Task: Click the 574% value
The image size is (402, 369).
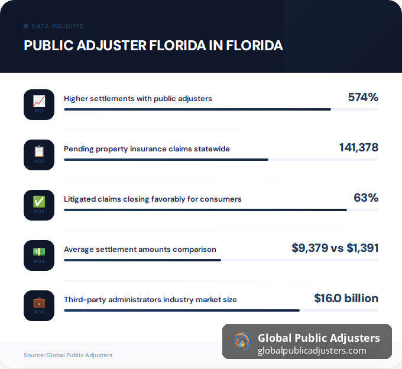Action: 362,97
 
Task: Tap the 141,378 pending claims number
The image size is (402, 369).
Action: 358,147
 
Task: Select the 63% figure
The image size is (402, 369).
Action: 365,198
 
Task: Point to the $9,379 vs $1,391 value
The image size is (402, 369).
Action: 335,248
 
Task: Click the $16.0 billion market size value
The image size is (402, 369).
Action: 346,298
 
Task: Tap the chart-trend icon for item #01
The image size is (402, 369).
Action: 39,101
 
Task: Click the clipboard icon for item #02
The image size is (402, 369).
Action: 39,151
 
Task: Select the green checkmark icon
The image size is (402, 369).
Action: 39,202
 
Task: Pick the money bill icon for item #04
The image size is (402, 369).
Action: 39,252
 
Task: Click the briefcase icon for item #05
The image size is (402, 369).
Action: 39,302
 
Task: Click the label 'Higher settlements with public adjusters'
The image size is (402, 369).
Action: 138,98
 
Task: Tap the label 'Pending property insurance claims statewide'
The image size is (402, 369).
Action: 147,148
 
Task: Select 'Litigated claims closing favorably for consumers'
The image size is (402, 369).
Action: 153,199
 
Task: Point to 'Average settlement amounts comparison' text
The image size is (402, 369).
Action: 140,249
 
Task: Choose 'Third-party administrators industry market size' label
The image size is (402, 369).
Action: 150,299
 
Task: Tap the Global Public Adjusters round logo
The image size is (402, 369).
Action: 241,341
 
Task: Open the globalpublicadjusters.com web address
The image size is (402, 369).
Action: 312,351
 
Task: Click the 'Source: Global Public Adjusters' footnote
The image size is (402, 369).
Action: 68,355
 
